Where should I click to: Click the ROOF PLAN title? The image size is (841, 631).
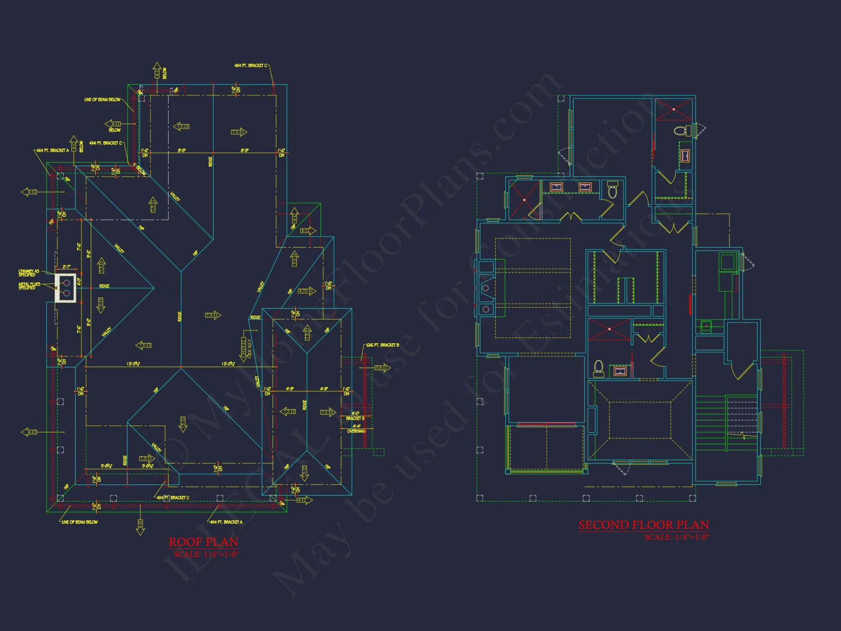pyautogui.click(x=204, y=542)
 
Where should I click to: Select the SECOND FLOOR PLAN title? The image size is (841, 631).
pyautogui.click(x=643, y=525)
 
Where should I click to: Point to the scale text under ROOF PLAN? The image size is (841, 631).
pyautogui.click(x=206, y=554)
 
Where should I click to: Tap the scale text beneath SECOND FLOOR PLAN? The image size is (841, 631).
pyautogui.click(x=677, y=537)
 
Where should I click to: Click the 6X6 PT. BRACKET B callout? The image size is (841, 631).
pyautogui.click(x=382, y=345)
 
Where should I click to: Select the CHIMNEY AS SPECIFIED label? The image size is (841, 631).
pyautogui.click(x=29, y=273)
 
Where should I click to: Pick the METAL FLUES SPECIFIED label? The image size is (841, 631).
pyautogui.click(x=29, y=286)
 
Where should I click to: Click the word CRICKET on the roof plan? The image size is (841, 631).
pyautogui.click(x=249, y=349)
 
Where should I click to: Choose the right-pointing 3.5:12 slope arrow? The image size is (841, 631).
pyautogui.click(x=383, y=368)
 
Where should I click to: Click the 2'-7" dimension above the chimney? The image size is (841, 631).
pyautogui.click(x=66, y=267)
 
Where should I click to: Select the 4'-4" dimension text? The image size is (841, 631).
pyautogui.click(x=357, y=426)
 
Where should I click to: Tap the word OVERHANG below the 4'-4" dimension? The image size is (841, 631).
pyautogui.click(x=357, y=432)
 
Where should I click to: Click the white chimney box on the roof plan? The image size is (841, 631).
pyautogui.click(x=66, y=288)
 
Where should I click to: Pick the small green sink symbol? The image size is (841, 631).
pyautogui.click(x=706, y=325)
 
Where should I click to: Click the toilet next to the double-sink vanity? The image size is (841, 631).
pyautogui.click(x=613, y=190)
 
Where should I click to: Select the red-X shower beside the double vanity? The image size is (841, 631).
pyautogui.click(x=524, y=200)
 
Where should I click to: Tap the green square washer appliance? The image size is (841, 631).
pyautogui.click(x=727, y=262)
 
